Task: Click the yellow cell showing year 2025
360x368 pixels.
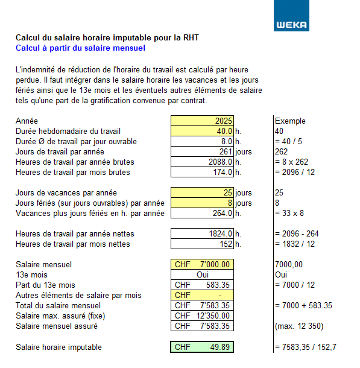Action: pos(202,121)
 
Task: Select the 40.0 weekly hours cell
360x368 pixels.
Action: pos(202,131)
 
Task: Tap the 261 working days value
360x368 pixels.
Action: pos(202,151)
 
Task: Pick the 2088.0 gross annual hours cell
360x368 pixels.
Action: pos(202,162)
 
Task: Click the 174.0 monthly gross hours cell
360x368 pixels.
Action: pos(202,172)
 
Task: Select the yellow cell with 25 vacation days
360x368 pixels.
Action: pos(202,192)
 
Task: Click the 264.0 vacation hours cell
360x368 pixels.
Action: pos(202,213)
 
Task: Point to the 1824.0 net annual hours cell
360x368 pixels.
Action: pos(202,233)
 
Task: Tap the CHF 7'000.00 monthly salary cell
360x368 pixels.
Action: pos(202,264)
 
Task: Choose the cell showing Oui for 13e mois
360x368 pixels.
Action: pos(202,274)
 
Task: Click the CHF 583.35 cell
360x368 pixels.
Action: pos(202,285)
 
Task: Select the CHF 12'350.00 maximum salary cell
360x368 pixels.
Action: pos(202,316)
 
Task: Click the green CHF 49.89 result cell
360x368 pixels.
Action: pos(202,347)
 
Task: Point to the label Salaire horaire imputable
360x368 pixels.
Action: pos(58,347)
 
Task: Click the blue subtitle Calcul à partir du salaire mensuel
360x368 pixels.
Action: pos(80,48)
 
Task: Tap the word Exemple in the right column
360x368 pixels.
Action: pos(290,121)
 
